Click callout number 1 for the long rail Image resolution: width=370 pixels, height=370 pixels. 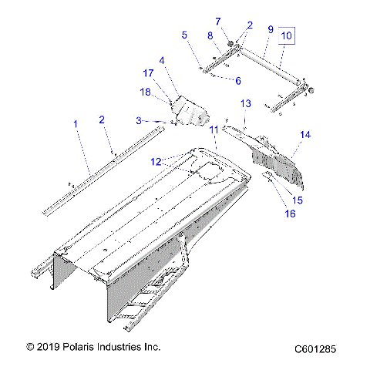click(x=75, y=123)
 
